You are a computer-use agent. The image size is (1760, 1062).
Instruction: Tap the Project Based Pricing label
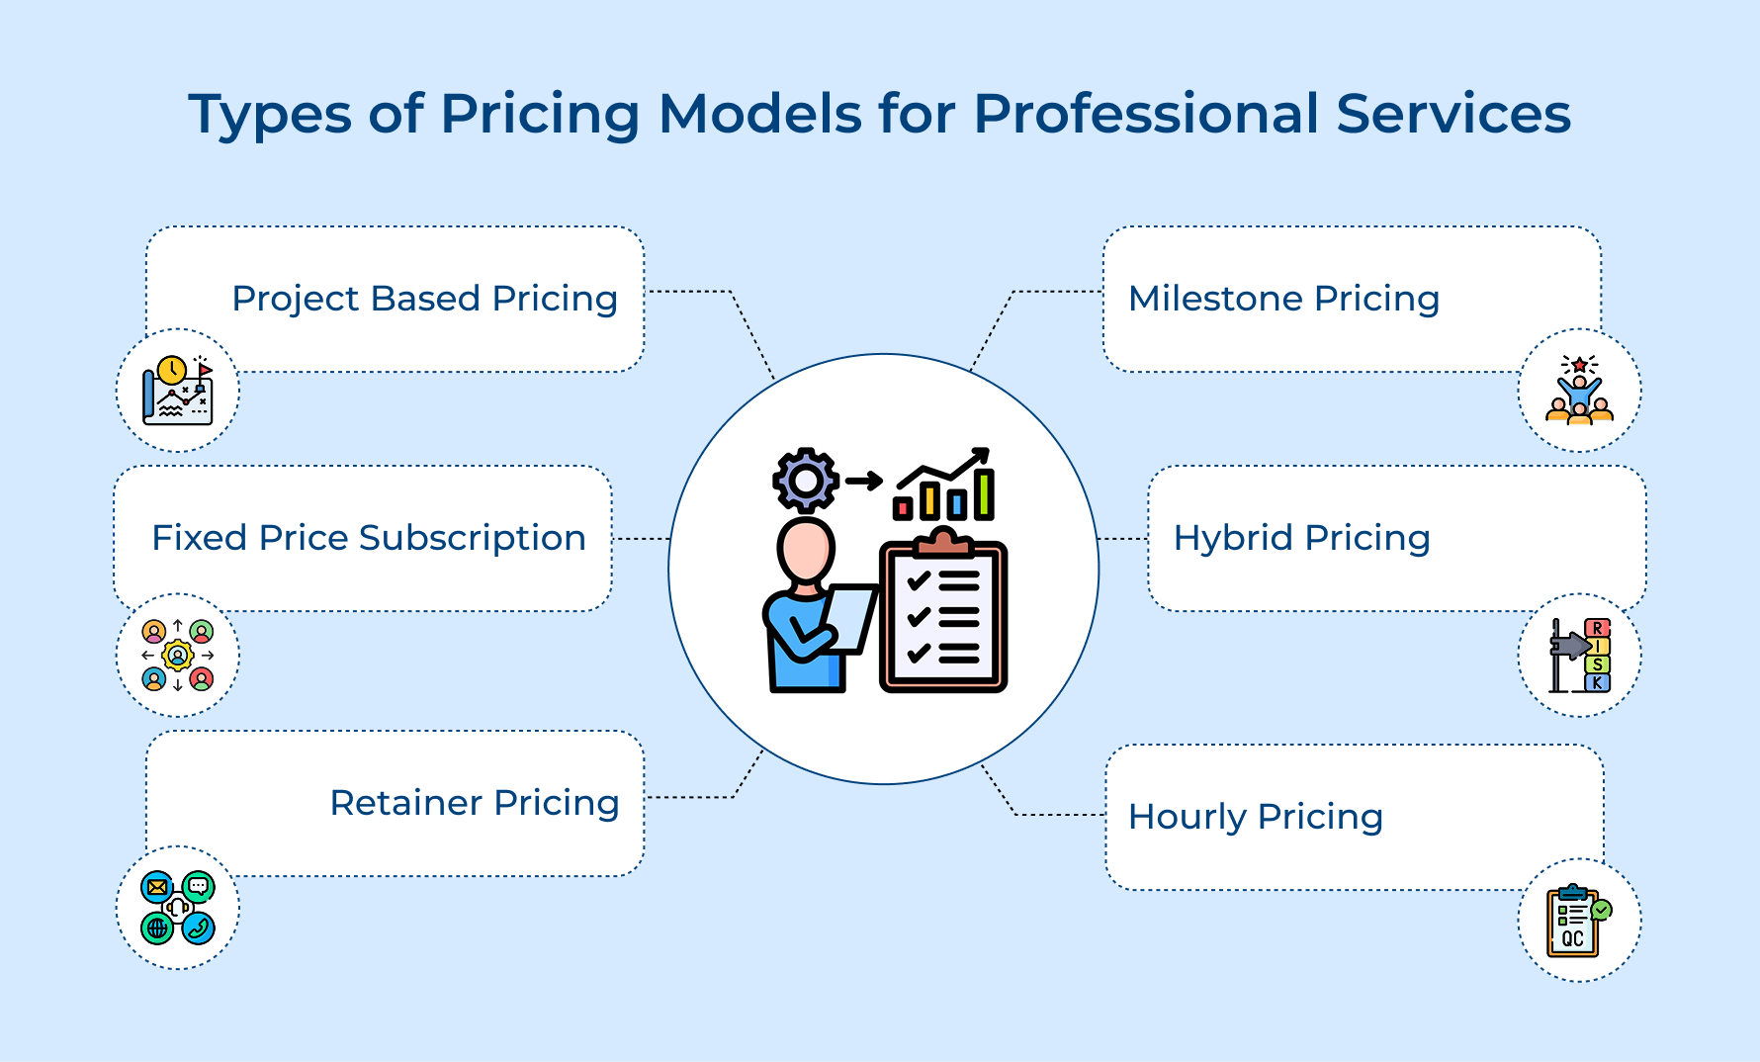pyautogui.click(x=424, y=299)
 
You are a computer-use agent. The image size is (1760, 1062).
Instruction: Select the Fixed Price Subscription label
pyautogui.click(x=368, y=538)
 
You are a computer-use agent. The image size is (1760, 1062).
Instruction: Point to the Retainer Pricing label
pyautogui.click(x=474, y=803)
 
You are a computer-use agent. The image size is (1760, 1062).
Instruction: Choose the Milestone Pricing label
pyautogui.click(x=1283, y=299)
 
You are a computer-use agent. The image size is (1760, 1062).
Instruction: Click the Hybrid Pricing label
pyautogui.click(x=1301, y=538)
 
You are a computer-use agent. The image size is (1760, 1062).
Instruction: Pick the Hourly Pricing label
pyautogui.click(x=1255, y=817)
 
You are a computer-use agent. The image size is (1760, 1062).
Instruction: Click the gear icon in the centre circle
pyautogui.click(x=806, y=481)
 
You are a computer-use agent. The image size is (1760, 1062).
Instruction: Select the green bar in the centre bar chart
pyautogui.click(x=984, y=494)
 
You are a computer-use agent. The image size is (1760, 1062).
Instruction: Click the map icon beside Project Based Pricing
pyautogui.click(x=178, y=392)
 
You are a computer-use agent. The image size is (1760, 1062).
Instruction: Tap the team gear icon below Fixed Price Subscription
pyautogui.click(x=178, y=656)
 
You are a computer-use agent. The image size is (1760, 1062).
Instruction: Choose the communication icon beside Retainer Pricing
pyautogui.click(x=178, y=908)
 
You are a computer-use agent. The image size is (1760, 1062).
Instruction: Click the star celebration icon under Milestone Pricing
pyautogui.click(x=1579, y=392)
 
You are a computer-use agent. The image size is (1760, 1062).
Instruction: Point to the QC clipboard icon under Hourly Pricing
pyautogui.click(x=1578, y=921)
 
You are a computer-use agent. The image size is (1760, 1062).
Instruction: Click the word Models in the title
pyautogui.click(x=760, y=114)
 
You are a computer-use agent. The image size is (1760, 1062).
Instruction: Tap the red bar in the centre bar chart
pyautogui.click(x=902, y=508)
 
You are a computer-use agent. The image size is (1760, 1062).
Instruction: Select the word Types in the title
pyautogui.click(x=269, y=114)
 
